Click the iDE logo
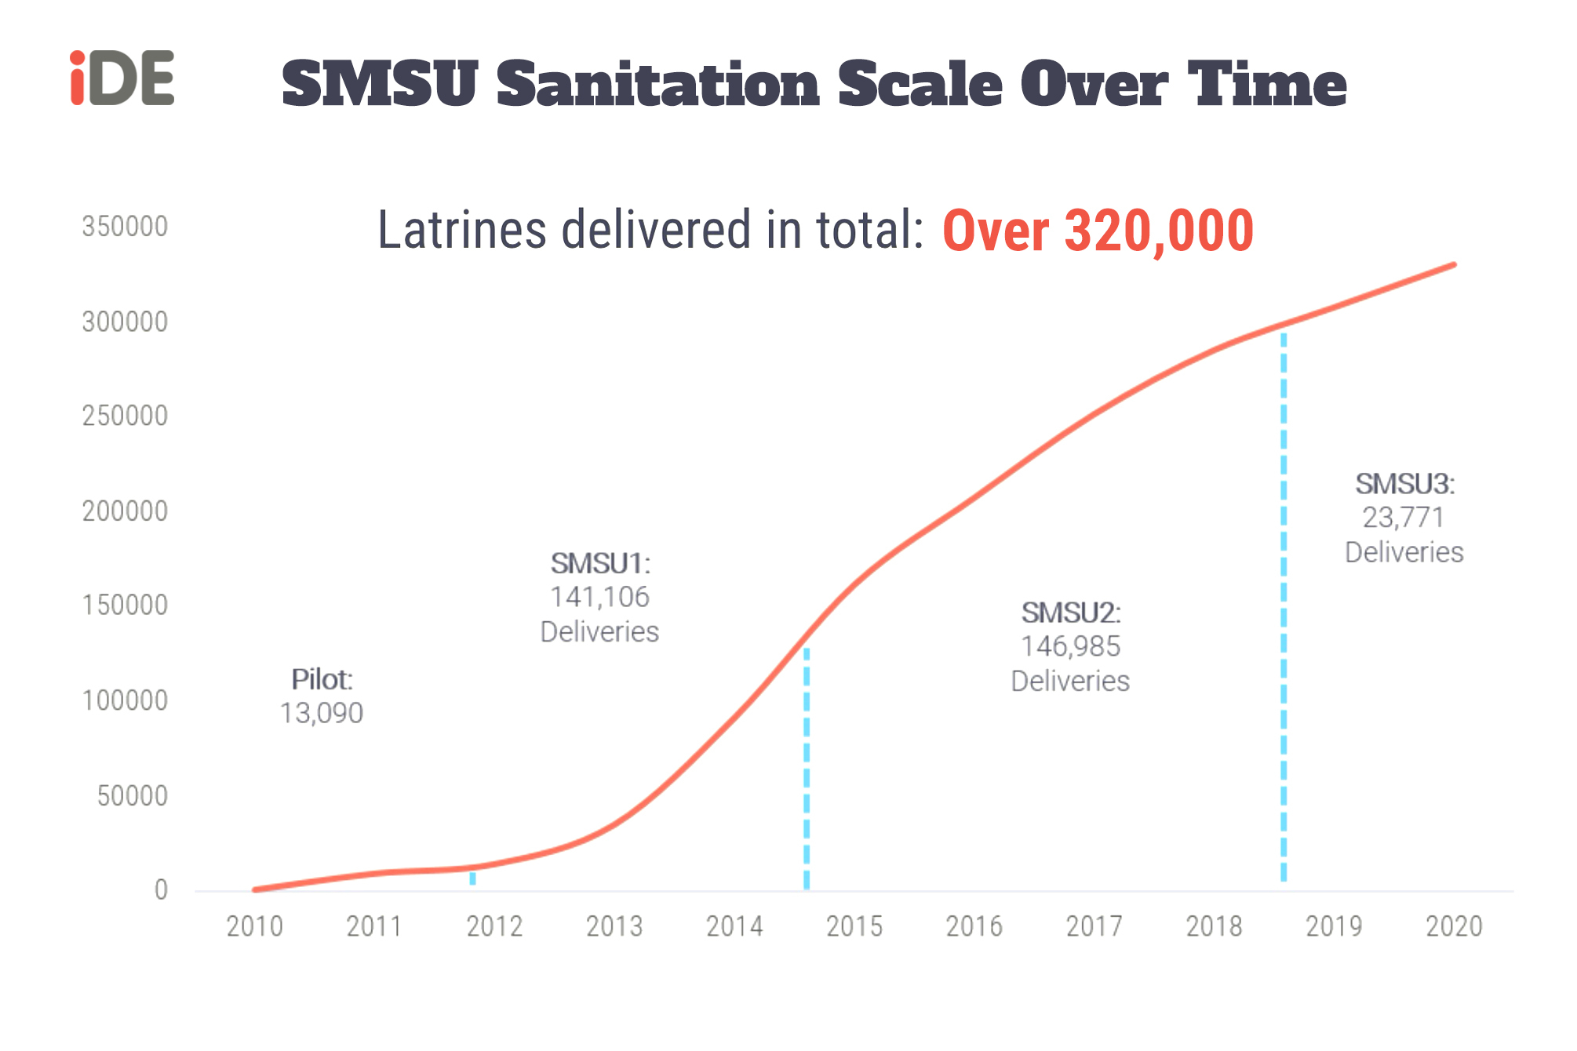pos(122,78)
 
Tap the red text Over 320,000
pos(1098,231)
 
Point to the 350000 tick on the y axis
pos(125,227)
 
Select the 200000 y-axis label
pos(125,511)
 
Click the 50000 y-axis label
pos(132,796)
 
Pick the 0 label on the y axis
pos(161,890)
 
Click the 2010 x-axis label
pos(254,927)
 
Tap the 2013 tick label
pos(614,927)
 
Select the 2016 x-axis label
pos(974,927)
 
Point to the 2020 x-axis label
pos(1454,927)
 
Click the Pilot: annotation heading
pos(322,679)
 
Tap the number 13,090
pos(322,714)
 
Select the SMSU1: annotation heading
pos(600,563)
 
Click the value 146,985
pos(1070,647)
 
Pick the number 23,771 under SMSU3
pos(1403,518)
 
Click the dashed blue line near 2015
pos(807,769)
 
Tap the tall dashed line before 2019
pos(1284,604)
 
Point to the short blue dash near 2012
pos(472,878)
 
